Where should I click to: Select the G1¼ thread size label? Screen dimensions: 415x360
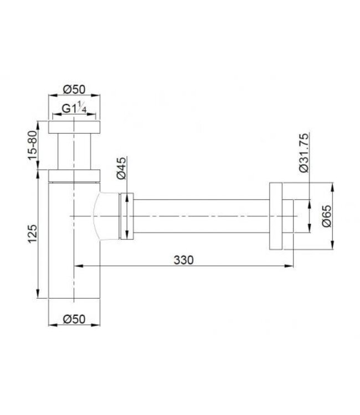pos(74,108)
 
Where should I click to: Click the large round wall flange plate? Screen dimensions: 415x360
pos(276,216)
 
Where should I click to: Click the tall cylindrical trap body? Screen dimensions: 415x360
pos(74,243)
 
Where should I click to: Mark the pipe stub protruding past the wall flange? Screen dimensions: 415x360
pos(288,216)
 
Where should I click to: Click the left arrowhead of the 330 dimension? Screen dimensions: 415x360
pos(78,266)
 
